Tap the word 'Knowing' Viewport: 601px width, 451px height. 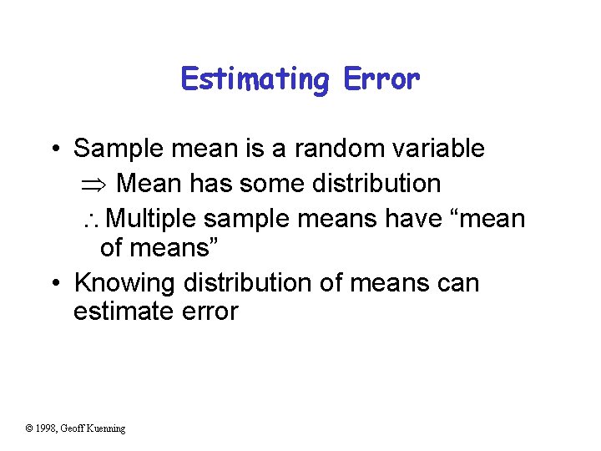[x=123, y=283]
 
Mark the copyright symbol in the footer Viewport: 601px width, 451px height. [x=29, y=428]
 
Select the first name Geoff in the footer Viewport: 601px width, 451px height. [x=73, y=428]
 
